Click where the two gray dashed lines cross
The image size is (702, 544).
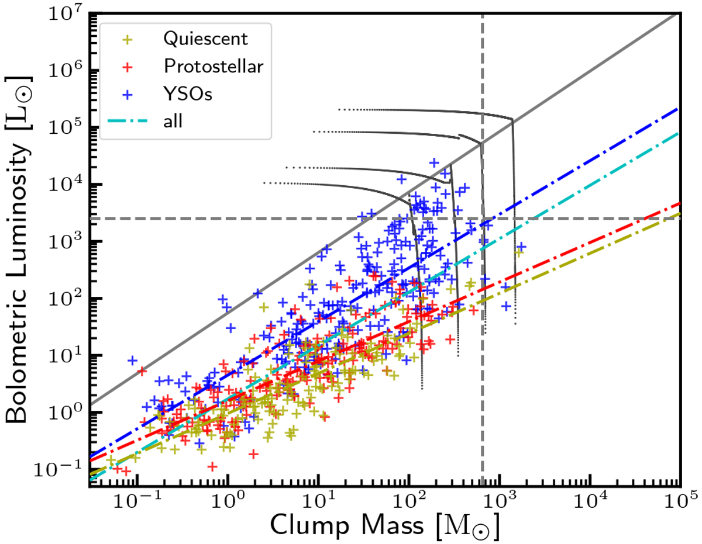coord(482,219)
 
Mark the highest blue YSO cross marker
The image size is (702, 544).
coord(433,162)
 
